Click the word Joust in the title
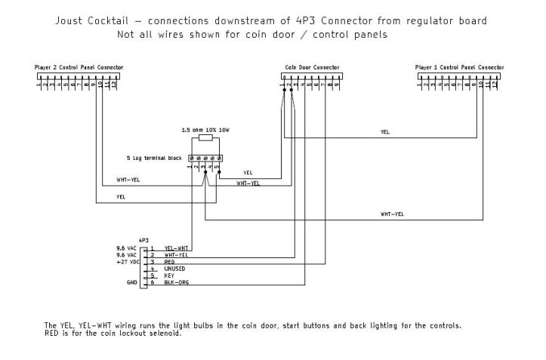pyautogui.click(x=72, y=20)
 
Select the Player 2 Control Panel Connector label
pyautogui.click(x=79, y=67)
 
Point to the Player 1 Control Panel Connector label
pyautogui.click(x=459, y=67)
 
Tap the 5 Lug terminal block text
pyautogui.click(x=154, y=158)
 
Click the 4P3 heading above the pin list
pyautogui.click(x=144, y=239)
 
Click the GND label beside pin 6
pyautogui.click(x=132, y=283)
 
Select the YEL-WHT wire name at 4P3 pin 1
pyautogui.click(x=177, y=248)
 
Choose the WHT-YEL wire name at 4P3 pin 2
pyautogui.click(x=177, y=255)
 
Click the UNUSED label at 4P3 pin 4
pyautogui.click(x=175, y=269)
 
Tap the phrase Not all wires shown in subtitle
pyautogui.click(x=172, y=35)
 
